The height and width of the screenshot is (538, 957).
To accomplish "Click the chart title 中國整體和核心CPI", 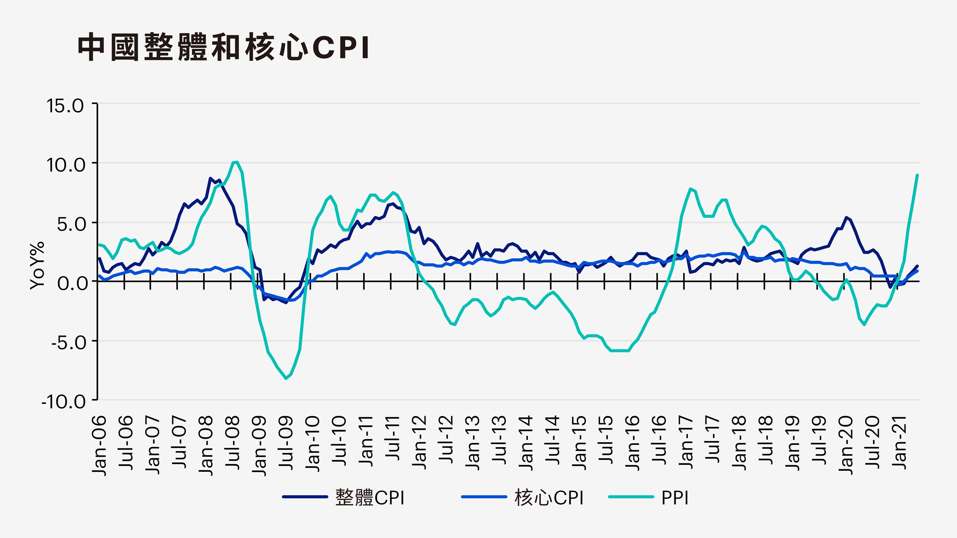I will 224,48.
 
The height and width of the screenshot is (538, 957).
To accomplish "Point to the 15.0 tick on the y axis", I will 65,106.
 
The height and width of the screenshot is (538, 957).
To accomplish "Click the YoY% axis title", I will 37,266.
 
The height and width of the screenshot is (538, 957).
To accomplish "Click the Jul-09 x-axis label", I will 286,443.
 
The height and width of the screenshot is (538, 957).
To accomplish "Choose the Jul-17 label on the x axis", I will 712,441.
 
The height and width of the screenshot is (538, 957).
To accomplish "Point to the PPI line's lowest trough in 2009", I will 286,379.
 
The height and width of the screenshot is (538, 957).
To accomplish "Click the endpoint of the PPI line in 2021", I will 917,175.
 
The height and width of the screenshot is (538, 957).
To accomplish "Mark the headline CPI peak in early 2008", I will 210,178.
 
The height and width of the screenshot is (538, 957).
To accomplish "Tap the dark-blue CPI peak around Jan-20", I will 846,217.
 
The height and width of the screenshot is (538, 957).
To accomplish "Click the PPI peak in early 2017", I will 690,189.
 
